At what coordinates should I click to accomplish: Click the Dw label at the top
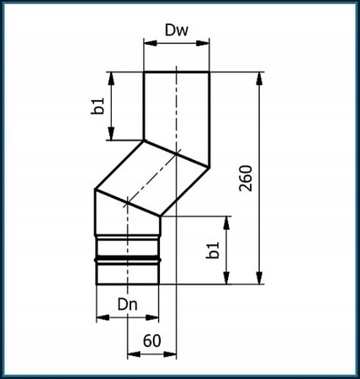176,31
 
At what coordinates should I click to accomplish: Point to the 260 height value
245,178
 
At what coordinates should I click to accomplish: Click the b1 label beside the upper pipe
98,107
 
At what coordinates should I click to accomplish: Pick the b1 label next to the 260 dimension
214,250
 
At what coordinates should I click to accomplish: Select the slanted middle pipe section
151,179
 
